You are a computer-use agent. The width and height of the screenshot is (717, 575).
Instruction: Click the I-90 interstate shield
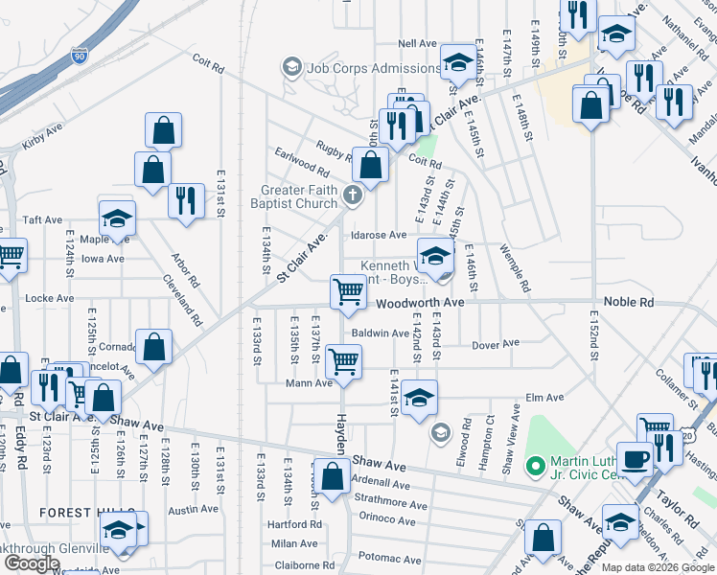click(80, 57)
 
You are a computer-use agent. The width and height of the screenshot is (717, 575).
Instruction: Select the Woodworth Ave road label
click(420, 302)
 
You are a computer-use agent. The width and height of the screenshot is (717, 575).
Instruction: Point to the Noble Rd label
click(633, 302)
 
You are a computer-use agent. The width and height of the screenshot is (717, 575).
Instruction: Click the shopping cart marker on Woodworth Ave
click(347, 292)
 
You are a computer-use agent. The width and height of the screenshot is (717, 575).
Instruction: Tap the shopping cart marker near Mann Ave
click(343, 362)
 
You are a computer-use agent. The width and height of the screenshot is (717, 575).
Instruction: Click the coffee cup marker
click(635, 459)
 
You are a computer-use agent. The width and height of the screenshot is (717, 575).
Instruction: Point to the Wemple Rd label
click(515, 267)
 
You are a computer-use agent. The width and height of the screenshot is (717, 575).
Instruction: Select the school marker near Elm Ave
click(419, 398)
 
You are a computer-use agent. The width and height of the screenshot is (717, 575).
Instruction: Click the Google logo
click(31, 563)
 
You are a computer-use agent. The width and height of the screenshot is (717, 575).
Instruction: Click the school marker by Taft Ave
click(117, 218)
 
